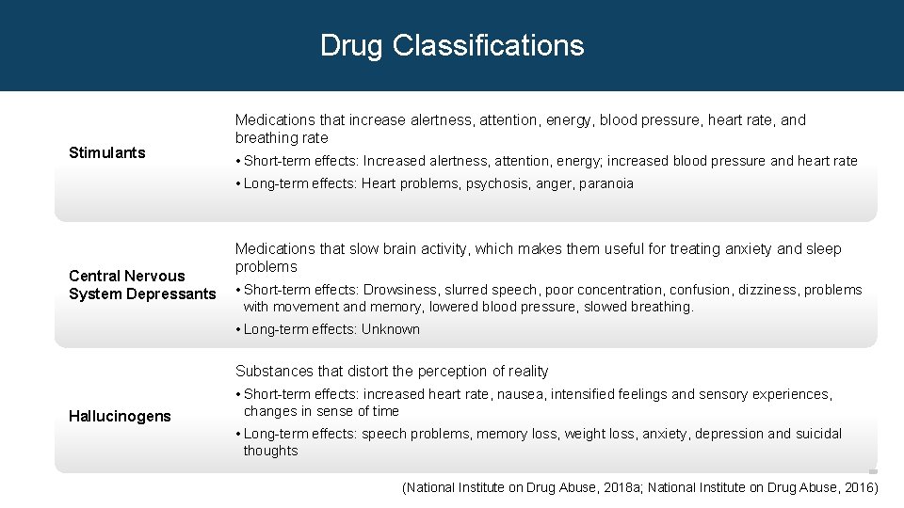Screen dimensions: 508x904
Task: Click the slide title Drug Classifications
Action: [452, 45]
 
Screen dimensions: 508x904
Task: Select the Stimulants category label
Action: [107, 152]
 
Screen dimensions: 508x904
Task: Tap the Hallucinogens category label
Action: [120, 416]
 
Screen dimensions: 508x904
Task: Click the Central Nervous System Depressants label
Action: [142, 285]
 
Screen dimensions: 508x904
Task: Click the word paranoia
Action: [606, 183]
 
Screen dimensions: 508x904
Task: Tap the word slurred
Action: [465, 290]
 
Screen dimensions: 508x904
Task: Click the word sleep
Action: [824, 248]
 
